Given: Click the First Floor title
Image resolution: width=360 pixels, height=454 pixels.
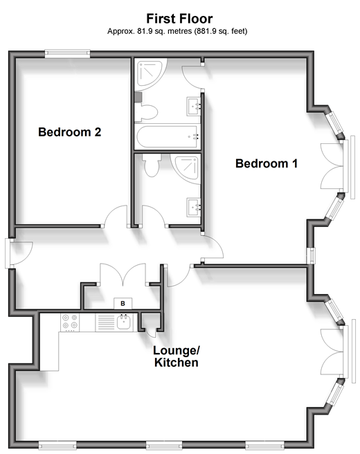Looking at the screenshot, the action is pyautogui.click(x=179, y=19).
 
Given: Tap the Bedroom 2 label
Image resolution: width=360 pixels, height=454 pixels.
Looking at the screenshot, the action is pyautogui.click(x=69, y=132).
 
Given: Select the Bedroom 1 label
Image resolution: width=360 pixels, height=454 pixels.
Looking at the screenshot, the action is pyautogui.click(x=267, y=163).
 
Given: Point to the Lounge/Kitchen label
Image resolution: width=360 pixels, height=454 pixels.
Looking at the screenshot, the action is pyautogui.click(x=177, y=356).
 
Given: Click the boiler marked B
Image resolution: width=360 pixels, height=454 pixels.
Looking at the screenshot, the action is pyautogui.click(x=123, y=303).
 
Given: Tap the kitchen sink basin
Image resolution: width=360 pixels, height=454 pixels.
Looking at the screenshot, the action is pyautogui.click(x=124, y=323).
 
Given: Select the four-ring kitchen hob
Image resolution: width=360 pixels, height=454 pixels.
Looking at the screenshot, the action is pyautogui.click(x=70, y=323).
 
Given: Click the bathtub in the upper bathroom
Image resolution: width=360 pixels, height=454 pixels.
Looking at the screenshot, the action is pyautogui.click(x=168, y=136).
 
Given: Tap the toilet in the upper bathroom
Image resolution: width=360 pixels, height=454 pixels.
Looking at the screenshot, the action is pyautogui.click(x=146, y=112).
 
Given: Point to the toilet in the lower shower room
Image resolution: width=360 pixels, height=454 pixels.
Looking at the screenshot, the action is pyautogui.click(x=152, y=165).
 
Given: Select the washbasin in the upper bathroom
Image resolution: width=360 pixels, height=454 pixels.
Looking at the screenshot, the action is pyautogui.click(x=194, y=107).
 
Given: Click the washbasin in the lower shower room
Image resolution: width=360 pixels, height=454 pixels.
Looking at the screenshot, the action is pyautogui.click(x=194, y=207).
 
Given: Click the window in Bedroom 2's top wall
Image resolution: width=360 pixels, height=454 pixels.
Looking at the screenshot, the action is pyautogui.click(x=67, y=54).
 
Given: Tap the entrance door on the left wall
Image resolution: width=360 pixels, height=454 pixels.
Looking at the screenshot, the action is pyautogui.click(x=19, y=253).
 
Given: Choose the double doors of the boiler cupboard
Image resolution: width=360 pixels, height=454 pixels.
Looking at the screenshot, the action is pyautogui.click(x=123, y=275).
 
